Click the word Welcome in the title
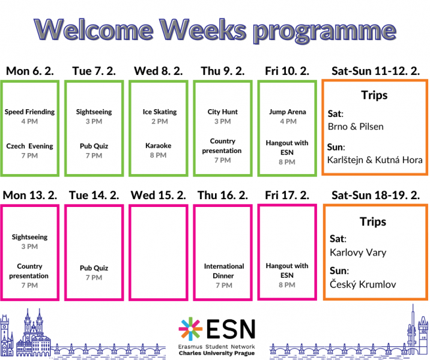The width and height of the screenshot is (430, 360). pos(94,29)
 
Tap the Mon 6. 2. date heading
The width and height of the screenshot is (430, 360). pos(30,71)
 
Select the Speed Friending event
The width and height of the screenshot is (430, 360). pos(29,112)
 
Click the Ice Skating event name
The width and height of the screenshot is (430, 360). pos(160,112)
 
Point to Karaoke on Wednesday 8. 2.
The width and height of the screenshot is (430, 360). pos(158,145)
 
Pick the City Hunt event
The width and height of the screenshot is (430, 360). pos(223,112)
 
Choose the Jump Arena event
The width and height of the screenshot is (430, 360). pos(288,112)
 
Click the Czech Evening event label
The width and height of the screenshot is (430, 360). pos(29,146)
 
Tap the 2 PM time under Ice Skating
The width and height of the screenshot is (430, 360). pos(160,121)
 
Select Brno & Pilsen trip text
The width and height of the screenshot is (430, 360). pos(356,127)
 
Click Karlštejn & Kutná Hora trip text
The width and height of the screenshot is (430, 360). pos(375,160)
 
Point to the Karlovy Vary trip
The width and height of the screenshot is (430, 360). pos(358,253)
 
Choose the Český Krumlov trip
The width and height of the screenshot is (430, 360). pos(363,284)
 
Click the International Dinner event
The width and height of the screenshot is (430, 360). pos(224,271)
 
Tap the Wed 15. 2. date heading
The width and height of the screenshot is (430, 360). pos(158,196)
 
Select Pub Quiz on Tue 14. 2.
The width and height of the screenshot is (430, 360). pos(94,268)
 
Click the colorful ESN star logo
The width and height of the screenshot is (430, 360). pos(190,329)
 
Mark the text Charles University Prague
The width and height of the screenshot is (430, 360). pos(217,353)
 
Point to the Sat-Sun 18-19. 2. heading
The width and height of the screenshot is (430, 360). pos(375,196)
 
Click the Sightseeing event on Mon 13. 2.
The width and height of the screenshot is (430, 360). pos(29,237)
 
